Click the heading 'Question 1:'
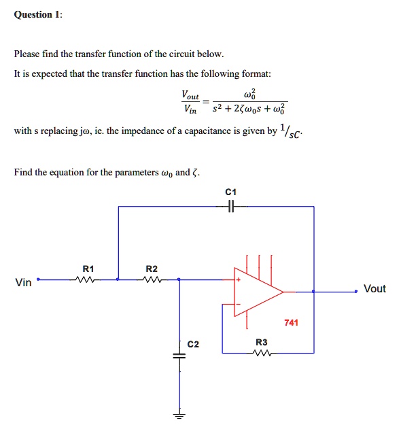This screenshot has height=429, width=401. tap(38, 15)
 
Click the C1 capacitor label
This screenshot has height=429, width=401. tap(231, 192)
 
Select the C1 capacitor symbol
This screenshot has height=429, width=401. tap(231, 206)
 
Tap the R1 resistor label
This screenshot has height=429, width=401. tap(86, 268)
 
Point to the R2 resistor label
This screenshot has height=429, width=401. tap(151, 268)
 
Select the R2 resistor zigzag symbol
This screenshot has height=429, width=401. tap(151, 279)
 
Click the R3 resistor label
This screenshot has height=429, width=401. tap(261, 343)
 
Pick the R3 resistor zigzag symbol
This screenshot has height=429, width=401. tap(261, 353)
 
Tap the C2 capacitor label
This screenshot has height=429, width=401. tap(194, 344)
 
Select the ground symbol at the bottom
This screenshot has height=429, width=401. tap(179, 416)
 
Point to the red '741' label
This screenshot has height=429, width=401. tap(292, 323)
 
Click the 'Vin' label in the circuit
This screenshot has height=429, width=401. tap(23, 283)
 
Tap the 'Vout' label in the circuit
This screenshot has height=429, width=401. tap(374, 289)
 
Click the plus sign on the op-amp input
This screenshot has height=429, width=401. tap(239, 279)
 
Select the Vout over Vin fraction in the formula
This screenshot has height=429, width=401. tap(190, 101)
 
